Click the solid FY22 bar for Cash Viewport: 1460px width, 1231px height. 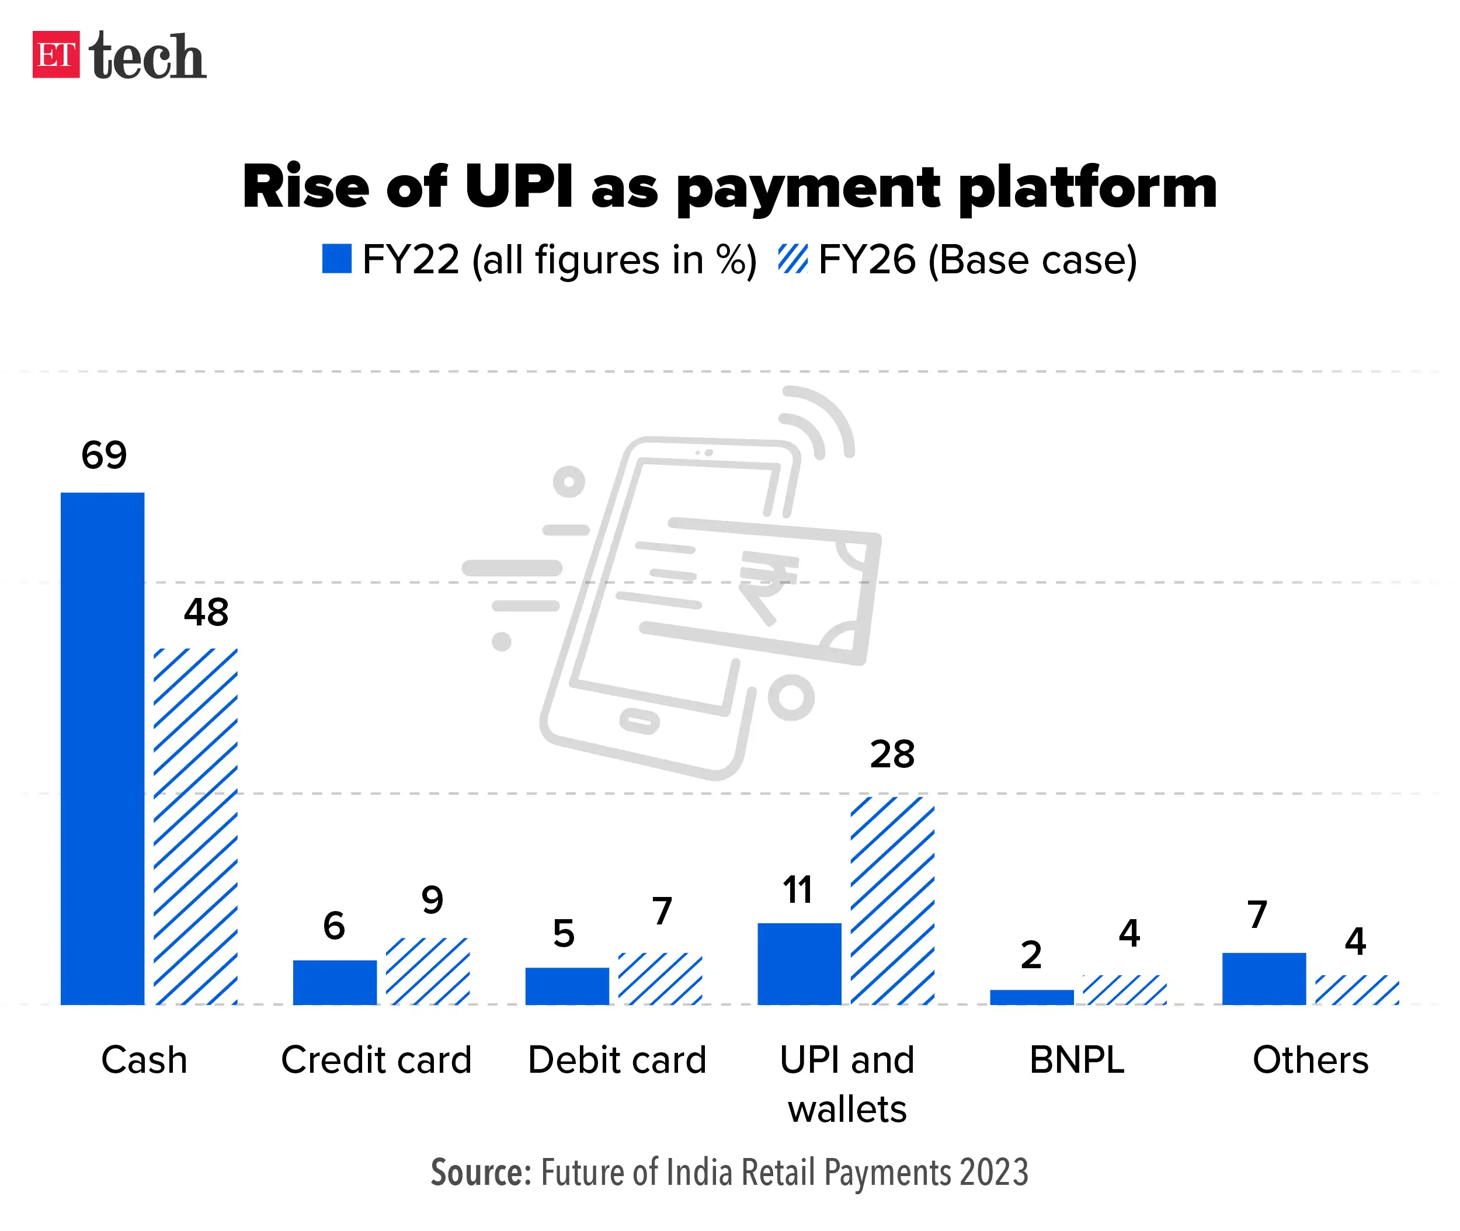coord(103,748)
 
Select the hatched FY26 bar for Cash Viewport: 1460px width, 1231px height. coord(196,826)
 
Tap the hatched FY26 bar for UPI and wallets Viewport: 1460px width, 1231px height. coord(892,900)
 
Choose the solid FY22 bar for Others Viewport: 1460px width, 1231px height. coord(1263,978)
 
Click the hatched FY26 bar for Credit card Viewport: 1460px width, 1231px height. coord(427,971)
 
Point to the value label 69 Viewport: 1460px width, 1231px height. coord(104,455)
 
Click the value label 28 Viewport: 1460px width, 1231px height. coord(892,754)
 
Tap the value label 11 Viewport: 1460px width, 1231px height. coord(797,890)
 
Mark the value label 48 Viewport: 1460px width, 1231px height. coord(206,613)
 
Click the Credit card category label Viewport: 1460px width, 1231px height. coord(376,1060)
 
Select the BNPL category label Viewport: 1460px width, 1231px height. coord(1077,1060)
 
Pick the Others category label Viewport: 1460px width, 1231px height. coord(1310,1060)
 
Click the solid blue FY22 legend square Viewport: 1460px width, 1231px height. coord(336,259)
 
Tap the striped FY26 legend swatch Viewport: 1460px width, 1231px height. coord(793,259)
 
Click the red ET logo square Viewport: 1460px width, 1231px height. coord(56,54)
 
